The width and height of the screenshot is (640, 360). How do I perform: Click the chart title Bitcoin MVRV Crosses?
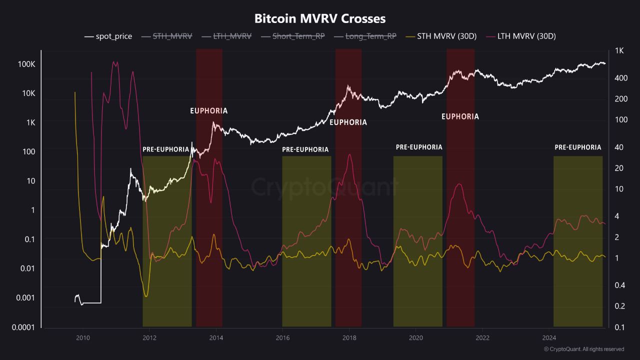click(320, 19)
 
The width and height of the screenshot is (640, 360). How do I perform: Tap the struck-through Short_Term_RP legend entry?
click(298, 36)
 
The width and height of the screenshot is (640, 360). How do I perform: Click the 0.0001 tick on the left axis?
click(22, 327)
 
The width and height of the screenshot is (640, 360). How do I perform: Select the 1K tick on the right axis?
click(619, 50)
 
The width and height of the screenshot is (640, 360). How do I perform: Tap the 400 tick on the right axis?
click(620, 78)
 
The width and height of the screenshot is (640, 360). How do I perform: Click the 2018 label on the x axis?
click(349, 338)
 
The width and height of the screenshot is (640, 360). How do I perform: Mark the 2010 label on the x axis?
click(82, 338)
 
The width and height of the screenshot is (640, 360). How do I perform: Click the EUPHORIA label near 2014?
click(209, 111)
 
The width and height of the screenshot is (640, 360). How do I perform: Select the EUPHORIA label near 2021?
click(460, 116)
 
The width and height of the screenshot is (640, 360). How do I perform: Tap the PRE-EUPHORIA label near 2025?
click(577, 147)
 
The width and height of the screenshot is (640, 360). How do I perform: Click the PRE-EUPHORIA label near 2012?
click(166, 149)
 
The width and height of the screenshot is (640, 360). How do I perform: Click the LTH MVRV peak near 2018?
click(349, 154)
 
